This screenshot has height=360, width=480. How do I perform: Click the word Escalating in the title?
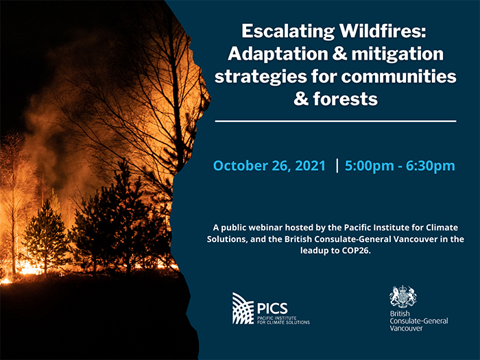click(x=288, y=32)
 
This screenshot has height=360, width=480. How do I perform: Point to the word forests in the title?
click(x=345, y=99)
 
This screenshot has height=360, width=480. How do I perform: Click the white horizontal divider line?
click(x=335, y=121)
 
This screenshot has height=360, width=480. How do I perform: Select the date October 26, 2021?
click(x=269, y=166)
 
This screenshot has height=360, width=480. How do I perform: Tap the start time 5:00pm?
click(x=369, y=166)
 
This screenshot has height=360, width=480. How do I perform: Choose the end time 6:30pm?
click(x=431, y=166)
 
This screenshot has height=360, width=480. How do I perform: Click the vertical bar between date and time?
click(x=337, y=166)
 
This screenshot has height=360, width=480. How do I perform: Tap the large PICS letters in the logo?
click(x=272, y=309)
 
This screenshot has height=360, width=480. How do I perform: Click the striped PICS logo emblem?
click(x=243, y=309)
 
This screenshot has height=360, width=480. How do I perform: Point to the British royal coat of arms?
click(x=403, y=297)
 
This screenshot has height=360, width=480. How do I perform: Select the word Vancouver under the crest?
click(x=406, y=328)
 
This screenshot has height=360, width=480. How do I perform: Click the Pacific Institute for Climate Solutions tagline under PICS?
click(x=283, y=320)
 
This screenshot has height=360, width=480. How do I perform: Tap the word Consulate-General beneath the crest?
click(x=419, y=321)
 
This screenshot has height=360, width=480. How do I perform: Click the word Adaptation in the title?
click(x=278, y=54)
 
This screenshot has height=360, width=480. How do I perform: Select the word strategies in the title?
click(x=261, y=77)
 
